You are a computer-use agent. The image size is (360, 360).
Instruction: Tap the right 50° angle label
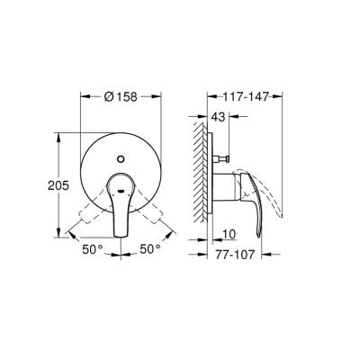click(150, 246)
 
